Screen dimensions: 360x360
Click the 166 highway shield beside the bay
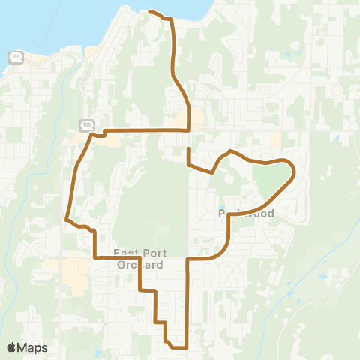point(14,56)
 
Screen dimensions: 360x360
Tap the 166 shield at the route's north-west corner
point(88,124)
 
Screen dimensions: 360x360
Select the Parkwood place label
point(245,214)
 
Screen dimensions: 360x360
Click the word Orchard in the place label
point(140,265)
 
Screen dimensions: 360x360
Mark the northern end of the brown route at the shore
point(150,12)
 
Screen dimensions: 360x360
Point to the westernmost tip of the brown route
point(67,220)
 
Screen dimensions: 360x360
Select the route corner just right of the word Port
point(141,258)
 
